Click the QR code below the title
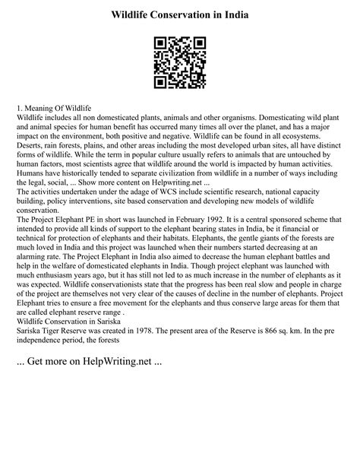(x=180, y=62)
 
